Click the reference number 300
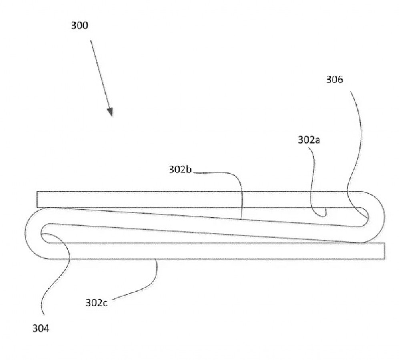click(80, 26)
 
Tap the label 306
click(334, 80)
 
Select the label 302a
click(309, 140)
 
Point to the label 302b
click(180, 170)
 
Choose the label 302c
click(96, 303)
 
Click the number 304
click(41, 329)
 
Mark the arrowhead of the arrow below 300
click(110, 112)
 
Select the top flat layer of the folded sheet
click(198, 200)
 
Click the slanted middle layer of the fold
click(204, 226)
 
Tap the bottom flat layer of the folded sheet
click(216, 251)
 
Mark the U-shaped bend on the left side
click(32, 233)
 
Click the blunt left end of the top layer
click(37, 200)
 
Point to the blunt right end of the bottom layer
click(385, 251)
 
